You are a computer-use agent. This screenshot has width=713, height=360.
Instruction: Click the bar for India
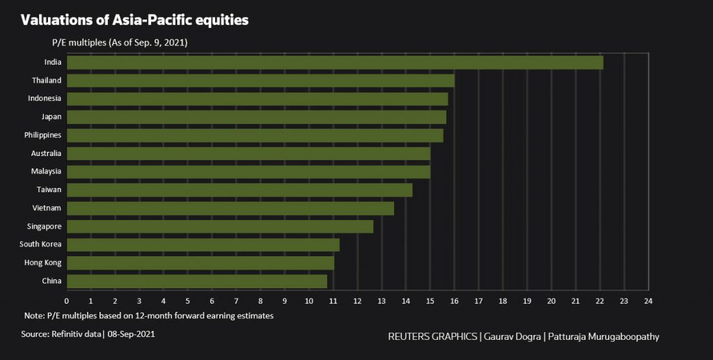334,63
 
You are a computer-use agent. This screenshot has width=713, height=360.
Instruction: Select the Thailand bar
260,81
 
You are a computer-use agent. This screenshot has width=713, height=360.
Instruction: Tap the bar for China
196,281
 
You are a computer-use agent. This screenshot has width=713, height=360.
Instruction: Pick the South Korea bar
203,244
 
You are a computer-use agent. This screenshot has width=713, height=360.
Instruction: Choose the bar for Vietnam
230,208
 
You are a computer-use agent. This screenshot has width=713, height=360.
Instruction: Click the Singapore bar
219,226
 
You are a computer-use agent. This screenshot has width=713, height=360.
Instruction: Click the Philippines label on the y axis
42,134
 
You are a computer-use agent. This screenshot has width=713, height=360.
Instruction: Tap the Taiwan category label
49,189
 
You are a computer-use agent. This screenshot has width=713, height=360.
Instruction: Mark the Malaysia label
46,171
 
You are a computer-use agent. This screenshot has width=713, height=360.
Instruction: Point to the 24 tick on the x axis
648,301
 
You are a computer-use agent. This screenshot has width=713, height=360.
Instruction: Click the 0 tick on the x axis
67,301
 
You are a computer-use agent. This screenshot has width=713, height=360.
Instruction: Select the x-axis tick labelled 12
357,301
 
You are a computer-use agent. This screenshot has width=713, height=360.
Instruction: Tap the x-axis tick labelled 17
478,301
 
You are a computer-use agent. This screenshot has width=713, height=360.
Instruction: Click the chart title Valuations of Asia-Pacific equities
134,21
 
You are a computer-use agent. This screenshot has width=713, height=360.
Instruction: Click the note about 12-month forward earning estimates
148,315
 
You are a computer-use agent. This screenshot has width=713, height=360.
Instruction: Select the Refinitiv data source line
88,334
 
